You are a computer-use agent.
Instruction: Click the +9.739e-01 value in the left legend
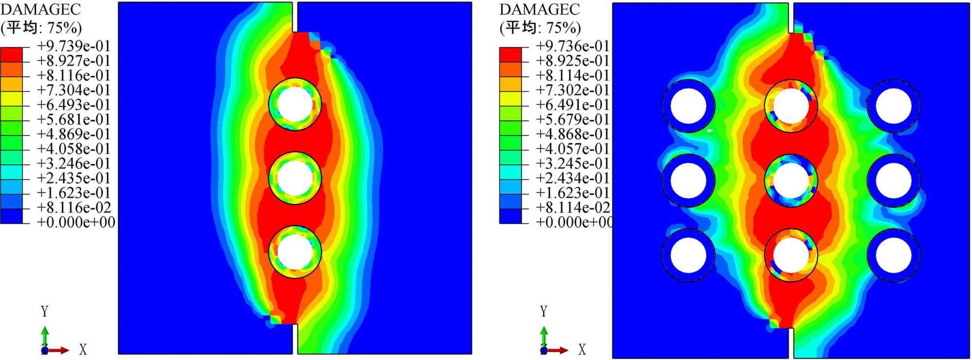click(74, 46)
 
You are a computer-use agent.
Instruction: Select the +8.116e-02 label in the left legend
click(74, 207)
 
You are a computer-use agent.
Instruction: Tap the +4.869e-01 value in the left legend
click(74, 134)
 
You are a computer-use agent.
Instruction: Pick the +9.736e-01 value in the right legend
click(573, 46)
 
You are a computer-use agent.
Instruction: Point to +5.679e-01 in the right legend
click(573, 120)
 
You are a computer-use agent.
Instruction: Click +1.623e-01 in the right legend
click(573, 193)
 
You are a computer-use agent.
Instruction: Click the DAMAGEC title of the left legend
click(40, 9)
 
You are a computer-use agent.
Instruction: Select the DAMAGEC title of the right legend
click(539, 9)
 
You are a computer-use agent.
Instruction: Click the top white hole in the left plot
click(295, 104)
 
